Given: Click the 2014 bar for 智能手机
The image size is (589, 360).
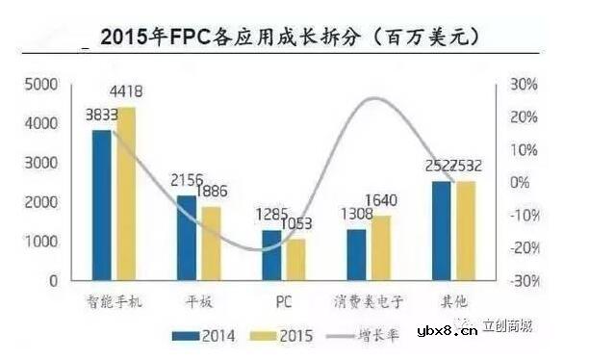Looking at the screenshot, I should coord(102,205).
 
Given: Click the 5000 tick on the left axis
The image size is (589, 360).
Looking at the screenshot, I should coord(41,86).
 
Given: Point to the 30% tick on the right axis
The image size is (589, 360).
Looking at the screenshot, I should coord(523,85).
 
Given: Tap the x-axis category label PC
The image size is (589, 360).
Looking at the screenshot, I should coord(284,301).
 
